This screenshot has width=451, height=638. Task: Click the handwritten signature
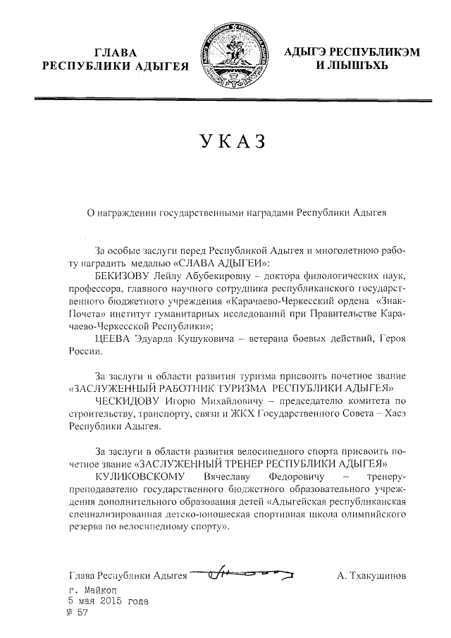[x=243, y=575]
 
